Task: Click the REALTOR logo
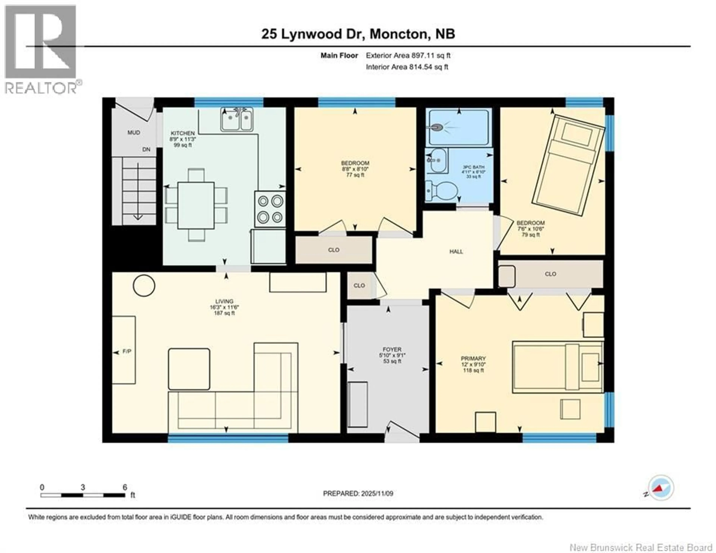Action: [41, 49]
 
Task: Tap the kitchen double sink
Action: [237, 120]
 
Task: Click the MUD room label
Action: [134, 132]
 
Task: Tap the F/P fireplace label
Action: [127, 351]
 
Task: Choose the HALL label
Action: [456, 251]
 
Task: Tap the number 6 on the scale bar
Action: [125, 487]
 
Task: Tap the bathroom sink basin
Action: [438, 161]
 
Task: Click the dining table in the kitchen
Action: [196, 206]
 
